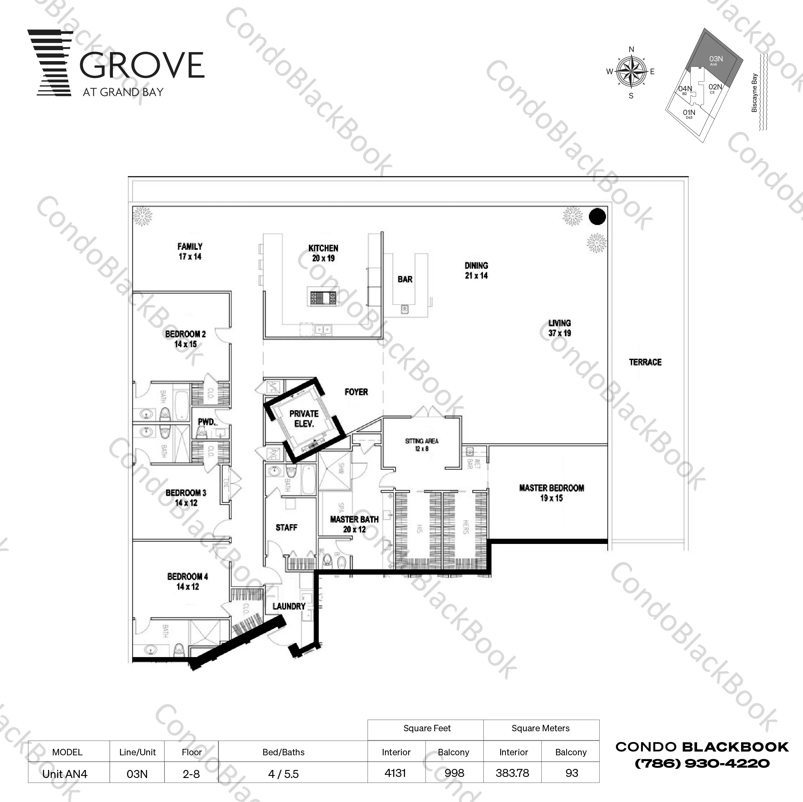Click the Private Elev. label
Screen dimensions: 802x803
coord(304,418)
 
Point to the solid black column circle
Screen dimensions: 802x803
coord(597,216)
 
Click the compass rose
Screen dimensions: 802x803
coord(631,72)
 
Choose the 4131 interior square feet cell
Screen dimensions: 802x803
coord(395,773)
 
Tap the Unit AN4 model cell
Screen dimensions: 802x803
coord(65,774)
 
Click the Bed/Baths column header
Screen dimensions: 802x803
coord(284,752)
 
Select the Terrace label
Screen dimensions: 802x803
coord(645,362)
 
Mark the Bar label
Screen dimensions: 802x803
coord(405,279)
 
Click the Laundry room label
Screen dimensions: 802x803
coord(289,606)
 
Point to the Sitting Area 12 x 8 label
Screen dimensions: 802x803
coord(422,445)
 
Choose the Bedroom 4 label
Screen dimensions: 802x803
coord(187,581)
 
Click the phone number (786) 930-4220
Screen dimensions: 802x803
coord(702,763)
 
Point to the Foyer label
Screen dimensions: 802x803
coord(356,392)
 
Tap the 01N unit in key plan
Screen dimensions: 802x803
coord(689,113)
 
